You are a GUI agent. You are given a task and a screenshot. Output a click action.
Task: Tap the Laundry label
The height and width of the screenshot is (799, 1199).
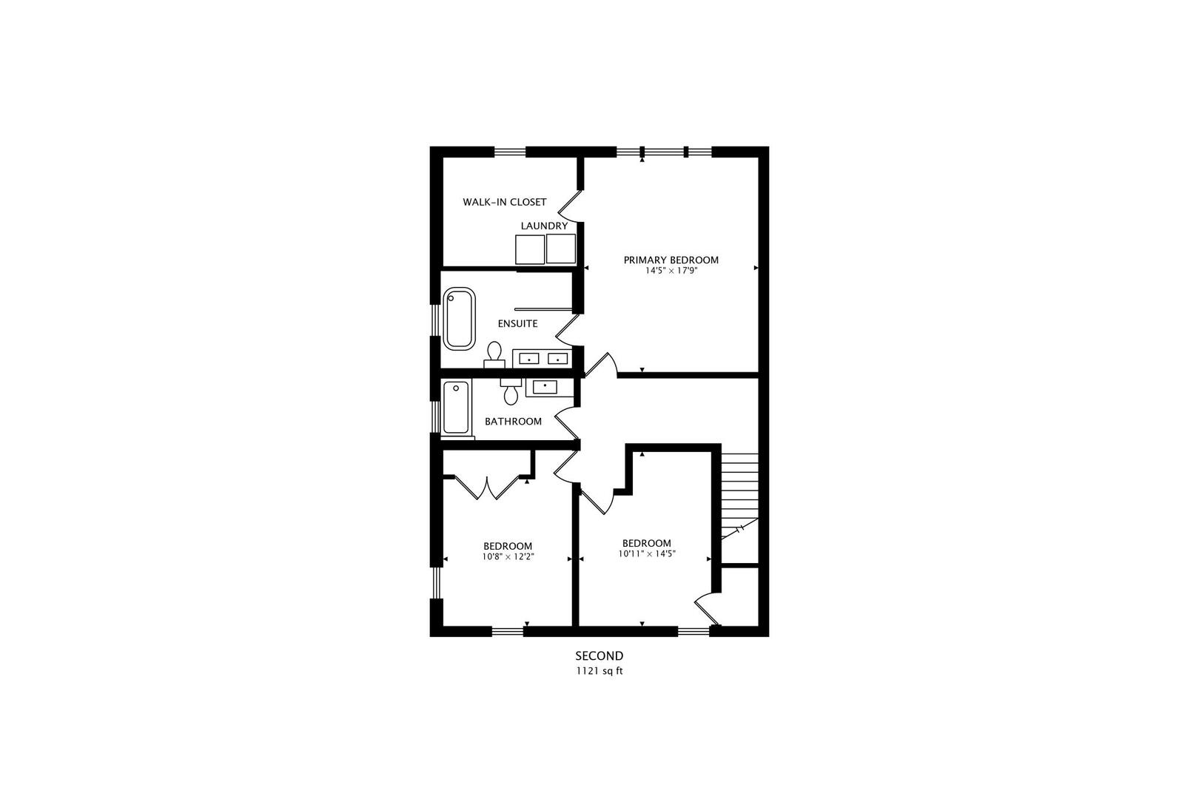tap(544, 226)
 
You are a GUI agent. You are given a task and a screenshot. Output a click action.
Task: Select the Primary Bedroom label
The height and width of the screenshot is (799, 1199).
tap(671, 260)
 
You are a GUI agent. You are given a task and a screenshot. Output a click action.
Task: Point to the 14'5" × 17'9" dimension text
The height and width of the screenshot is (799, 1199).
tap(671, 272)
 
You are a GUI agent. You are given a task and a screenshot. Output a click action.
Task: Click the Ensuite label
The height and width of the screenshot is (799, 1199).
tap(517, 323)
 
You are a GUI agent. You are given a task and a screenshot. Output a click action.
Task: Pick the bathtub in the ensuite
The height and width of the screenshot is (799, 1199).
tap(460, 318)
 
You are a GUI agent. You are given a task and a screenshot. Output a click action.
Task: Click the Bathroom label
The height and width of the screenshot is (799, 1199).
tap(513, 422)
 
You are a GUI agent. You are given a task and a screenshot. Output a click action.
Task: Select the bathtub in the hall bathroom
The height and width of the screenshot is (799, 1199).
tap(456, 407)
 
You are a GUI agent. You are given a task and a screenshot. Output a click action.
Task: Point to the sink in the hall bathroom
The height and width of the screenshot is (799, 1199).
tap(545, 386)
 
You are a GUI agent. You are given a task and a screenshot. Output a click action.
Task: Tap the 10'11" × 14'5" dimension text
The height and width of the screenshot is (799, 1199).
tap(647, 553)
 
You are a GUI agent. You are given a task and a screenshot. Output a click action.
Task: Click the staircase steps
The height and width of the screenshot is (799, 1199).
tap(740, 488)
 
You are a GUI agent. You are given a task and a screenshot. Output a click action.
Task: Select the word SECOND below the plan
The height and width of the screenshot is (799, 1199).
tap(599, 655)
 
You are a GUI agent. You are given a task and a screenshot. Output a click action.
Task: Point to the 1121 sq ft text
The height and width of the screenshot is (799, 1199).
tap(599, 672)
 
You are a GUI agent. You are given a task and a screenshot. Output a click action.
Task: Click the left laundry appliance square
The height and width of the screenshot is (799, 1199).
tap(530, 249)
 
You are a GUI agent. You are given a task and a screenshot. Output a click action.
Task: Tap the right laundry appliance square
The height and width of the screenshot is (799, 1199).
tap(561, 249)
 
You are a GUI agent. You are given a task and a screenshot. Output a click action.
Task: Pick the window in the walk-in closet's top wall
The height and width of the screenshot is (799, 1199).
tap(510, 152)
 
